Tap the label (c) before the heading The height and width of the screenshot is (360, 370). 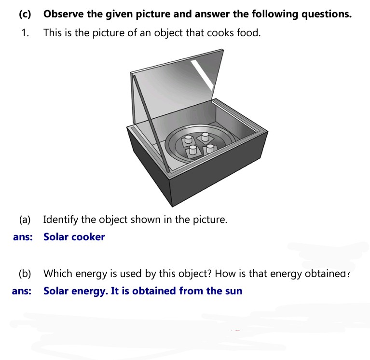pyautogui.click(x=25, y=14)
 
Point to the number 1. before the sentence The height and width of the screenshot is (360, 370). pyautogui.click(x=25, y=33)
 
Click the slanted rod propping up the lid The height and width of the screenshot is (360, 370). pyautogui.click(x=151, y=124)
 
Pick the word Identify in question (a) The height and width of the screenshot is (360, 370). pyautogui.click(x=61, y=220)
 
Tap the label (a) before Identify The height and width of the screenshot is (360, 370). pyautogui.click(x=25, y=220)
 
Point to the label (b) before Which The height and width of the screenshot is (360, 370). pyautogui.click(x=25, y=274)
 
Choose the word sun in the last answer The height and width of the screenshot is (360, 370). pyautogui.click(x=233, y=291)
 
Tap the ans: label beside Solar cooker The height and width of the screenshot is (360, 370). pyautogui.click(x=23, y=237)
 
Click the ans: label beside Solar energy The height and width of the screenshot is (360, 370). pyautogui.click(x=22, y=291)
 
